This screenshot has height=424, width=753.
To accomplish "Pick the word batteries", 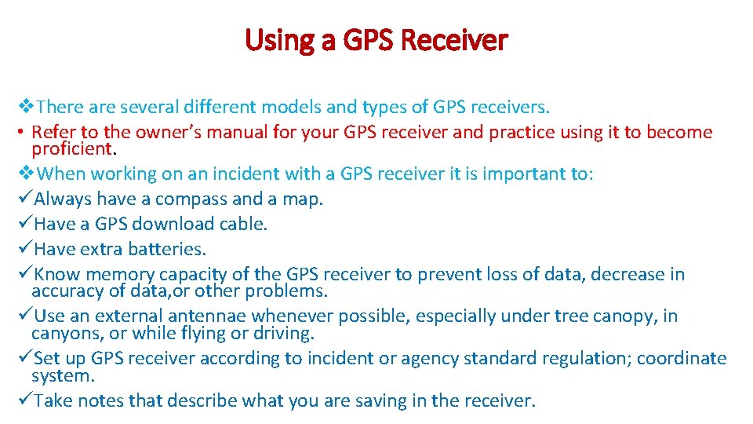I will (169, 250).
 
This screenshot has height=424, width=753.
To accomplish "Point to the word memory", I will (120, 275).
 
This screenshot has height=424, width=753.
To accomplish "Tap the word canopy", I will (625, 316).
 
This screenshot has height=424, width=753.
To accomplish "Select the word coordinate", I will (682, 359).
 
